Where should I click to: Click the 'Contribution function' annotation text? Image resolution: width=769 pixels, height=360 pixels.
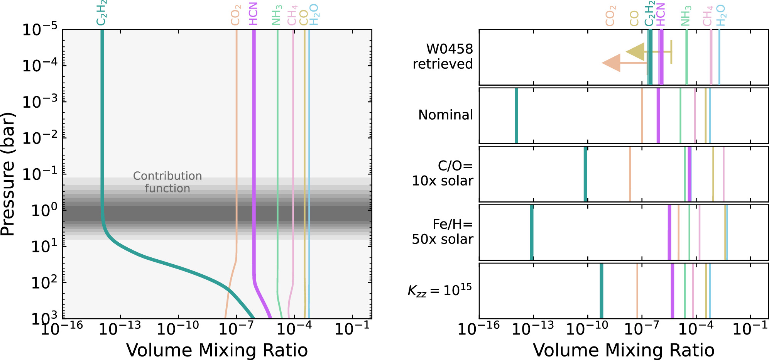(167, 182)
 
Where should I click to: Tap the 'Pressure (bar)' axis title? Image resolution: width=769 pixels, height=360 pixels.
(8, 174)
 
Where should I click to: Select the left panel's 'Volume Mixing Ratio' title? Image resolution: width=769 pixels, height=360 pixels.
(217, 350)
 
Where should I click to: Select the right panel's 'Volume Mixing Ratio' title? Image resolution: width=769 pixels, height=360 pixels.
(624, 350)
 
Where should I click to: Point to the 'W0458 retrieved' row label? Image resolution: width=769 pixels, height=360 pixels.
(443, 56)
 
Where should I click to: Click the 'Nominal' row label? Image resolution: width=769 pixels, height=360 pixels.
(446, 115)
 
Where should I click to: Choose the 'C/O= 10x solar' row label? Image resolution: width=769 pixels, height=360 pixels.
(443, 173)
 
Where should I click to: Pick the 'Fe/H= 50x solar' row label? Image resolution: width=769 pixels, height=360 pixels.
(443, 232)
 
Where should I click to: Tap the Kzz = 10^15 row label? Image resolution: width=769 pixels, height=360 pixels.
(440, 290)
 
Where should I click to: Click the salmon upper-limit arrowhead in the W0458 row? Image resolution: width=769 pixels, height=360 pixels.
(612, 63)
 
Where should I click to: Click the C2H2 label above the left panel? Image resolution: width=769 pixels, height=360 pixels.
(101, 13)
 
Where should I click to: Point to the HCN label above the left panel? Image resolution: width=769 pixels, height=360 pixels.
(253, 14)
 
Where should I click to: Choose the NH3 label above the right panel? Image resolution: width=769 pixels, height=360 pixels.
(686, 15)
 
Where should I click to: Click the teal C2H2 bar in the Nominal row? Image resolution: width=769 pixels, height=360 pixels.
(516, 116)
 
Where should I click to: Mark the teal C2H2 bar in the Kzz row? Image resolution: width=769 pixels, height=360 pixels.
(601, 291)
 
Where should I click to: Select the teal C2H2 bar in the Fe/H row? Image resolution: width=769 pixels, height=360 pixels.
(532, 232)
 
